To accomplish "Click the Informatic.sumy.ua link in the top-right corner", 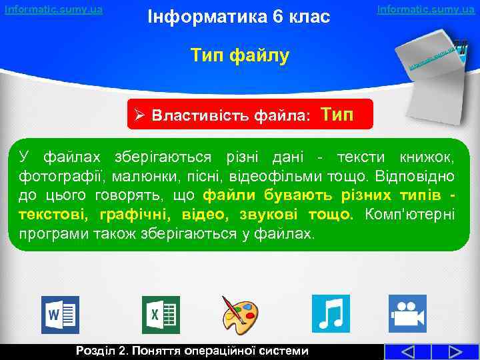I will [x=426, y=9].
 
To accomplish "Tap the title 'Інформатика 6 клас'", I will [x=239, y=17].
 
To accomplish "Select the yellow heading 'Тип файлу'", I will [x=240, y=55].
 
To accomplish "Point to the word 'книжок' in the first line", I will [x=427, y=157].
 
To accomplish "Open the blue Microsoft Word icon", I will [x=61, y=313].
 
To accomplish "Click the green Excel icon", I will [x=161, y=313].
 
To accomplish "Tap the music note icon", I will [x=331, y=313].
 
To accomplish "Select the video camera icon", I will [x=407, y=313].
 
